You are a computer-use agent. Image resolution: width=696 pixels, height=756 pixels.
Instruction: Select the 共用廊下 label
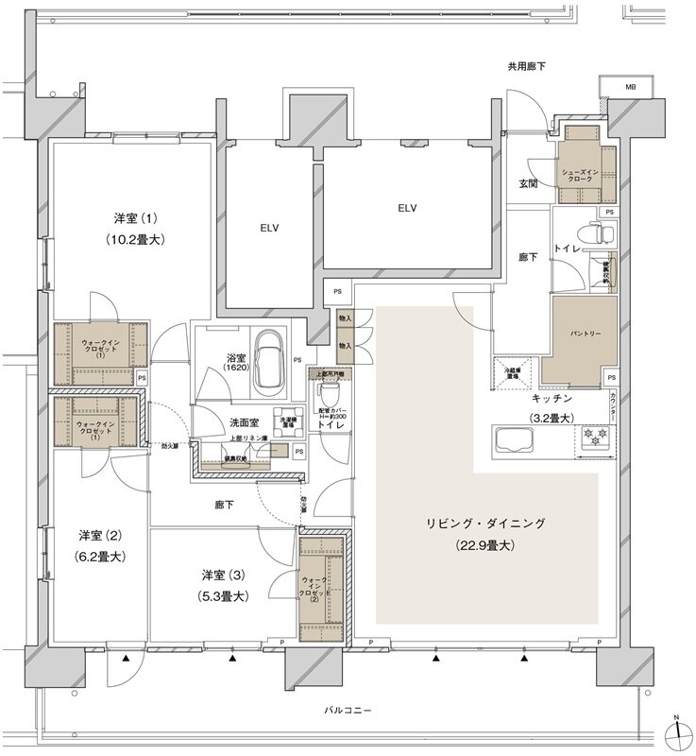[x=526, y=67]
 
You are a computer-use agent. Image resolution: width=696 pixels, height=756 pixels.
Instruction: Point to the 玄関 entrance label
[x=528, y=183]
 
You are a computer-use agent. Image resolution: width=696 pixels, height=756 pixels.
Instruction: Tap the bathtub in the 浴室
[x=274, y=358]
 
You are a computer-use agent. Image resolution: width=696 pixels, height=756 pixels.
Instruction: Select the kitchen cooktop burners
[x=597, y=438]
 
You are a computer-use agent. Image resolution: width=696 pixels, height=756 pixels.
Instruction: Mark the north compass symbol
[x=677, y=732]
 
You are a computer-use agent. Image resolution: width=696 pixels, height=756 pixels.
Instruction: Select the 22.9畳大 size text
[x=487, y=545]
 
